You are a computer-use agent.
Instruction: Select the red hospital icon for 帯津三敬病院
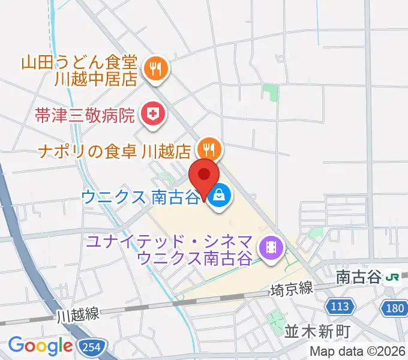click(x=152, y=113)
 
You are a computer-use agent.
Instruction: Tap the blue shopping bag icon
click(x=220, y=195)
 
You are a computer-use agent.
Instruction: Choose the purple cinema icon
click(x=271, y=247)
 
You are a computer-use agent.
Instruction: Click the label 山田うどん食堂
click(x=80, y=62)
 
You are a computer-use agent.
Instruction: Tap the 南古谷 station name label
click(x=358, y=277)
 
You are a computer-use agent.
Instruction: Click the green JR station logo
click(x=394, y=277)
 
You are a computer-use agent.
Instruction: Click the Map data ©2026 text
click(x=357, y=351)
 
